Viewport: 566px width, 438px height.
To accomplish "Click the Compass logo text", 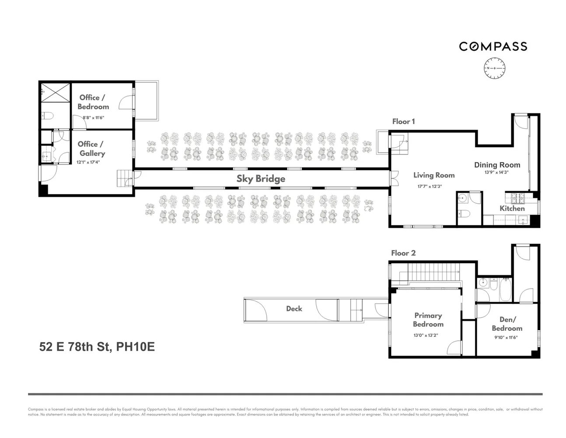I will point(493,46).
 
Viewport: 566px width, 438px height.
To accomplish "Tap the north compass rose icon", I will point(494,69).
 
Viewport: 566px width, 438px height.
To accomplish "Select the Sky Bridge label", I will point(261,179).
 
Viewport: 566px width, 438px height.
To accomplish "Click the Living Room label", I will point(434,175).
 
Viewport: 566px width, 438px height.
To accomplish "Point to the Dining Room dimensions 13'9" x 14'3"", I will point(497,173).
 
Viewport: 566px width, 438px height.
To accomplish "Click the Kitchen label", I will point(512,208).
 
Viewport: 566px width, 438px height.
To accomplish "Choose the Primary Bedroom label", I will point(428,320).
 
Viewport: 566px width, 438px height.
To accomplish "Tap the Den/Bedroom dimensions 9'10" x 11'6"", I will point(507,337).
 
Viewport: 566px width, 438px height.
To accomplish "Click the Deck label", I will point(294,309).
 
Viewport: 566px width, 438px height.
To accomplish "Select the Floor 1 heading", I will point(403,121).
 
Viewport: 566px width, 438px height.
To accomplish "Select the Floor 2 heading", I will point(403,253).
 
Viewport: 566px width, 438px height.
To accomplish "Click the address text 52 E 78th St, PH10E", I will point(97,347).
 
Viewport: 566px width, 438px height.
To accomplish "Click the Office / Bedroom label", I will point(93,102).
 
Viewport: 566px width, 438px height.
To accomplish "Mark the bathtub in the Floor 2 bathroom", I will point(505,290).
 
